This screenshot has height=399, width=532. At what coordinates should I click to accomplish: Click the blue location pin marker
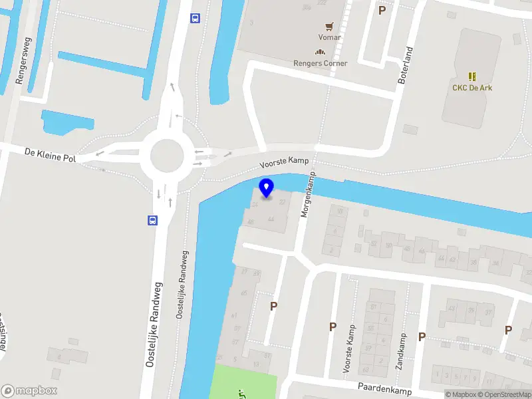(267, 188)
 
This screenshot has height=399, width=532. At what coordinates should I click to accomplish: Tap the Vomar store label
(330, 37)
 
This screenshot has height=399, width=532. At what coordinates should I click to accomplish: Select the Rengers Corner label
(321, 64)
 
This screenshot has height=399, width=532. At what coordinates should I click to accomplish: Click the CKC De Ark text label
(473, 88)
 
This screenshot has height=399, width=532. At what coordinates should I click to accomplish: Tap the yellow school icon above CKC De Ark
(473, 76)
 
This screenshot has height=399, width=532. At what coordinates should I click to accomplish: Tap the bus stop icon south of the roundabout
(152, 221)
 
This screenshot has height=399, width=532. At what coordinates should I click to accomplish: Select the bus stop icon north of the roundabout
(196, 18)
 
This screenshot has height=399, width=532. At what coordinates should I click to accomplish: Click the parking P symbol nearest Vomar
(382, 10)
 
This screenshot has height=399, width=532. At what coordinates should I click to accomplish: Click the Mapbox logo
(29, 391)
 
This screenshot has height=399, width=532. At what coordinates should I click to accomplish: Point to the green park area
(246, 383)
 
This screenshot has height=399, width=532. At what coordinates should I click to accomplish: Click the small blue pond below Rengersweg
(66, 121)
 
